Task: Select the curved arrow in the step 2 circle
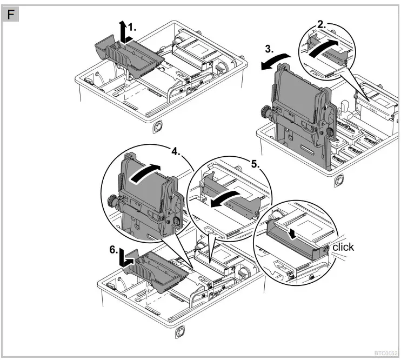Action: click(324, 47)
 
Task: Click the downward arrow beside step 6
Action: click(124, 257)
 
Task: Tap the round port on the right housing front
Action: click(338, 180)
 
